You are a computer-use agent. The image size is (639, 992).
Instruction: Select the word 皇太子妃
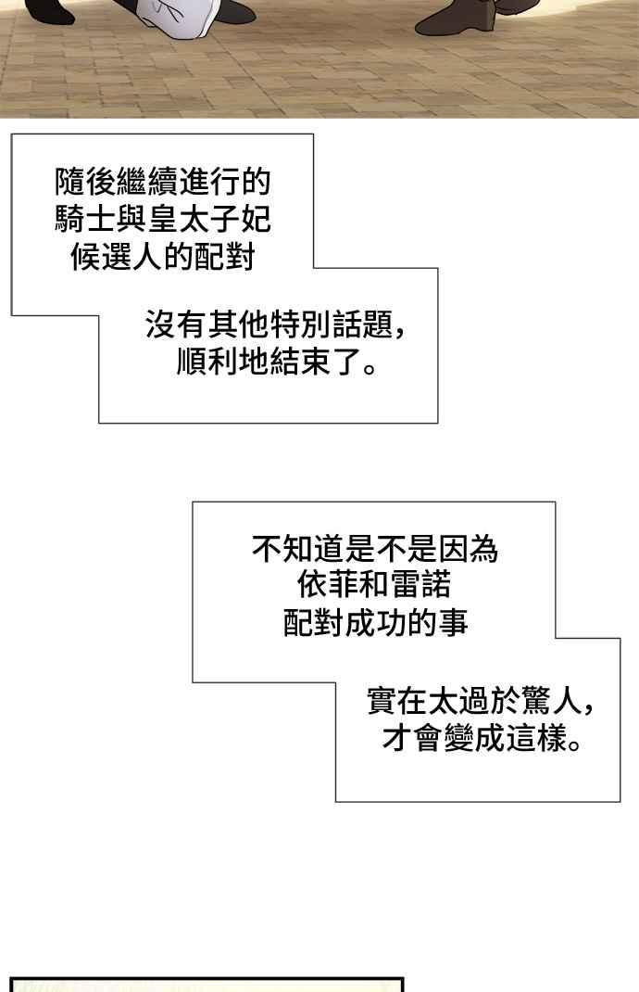209,220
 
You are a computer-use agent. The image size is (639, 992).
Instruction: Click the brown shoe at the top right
457,18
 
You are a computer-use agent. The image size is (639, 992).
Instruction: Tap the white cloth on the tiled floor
180,19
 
